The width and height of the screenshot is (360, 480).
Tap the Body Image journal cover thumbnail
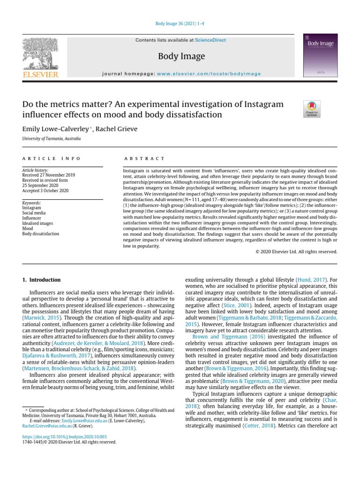pos(320,56)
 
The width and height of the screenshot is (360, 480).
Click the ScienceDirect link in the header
pos(210,40)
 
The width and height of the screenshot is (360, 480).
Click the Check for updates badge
pos(312,109)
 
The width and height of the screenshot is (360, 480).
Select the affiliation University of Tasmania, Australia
pos(52,139)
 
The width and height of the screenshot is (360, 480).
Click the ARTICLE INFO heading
pos(52,159)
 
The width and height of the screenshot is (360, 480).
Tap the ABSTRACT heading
pos(144,159)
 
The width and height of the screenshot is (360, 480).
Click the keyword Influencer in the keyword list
pos(32,217)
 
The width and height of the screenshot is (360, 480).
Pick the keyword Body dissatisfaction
pos(41,233)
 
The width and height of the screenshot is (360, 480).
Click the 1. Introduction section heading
pos(42,280)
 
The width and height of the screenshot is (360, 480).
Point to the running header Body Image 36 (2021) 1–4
pos(180,24)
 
